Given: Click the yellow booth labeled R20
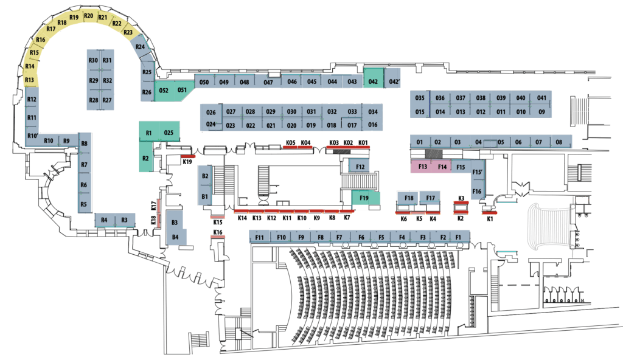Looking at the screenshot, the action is pos(89,16).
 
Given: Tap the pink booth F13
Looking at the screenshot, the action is pos(422,167).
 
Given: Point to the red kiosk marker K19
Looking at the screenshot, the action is pos(188,156).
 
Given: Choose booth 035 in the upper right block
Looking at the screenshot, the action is pos(420,97).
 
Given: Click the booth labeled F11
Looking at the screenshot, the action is pos(259,237).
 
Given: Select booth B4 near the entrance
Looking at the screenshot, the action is pos(175,237).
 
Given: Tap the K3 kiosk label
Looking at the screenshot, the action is pos(461,198).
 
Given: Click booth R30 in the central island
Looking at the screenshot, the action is pos(93,60).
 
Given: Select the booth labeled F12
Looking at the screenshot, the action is pos(360,166).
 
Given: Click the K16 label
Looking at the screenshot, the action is pos(218,232).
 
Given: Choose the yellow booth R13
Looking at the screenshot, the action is pos(29,80).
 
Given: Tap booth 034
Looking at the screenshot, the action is pos(373,112).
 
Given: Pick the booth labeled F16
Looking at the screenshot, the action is pos(477,192).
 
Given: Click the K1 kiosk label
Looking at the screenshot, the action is pos(490,218).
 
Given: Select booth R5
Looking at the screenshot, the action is pos(84,204).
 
